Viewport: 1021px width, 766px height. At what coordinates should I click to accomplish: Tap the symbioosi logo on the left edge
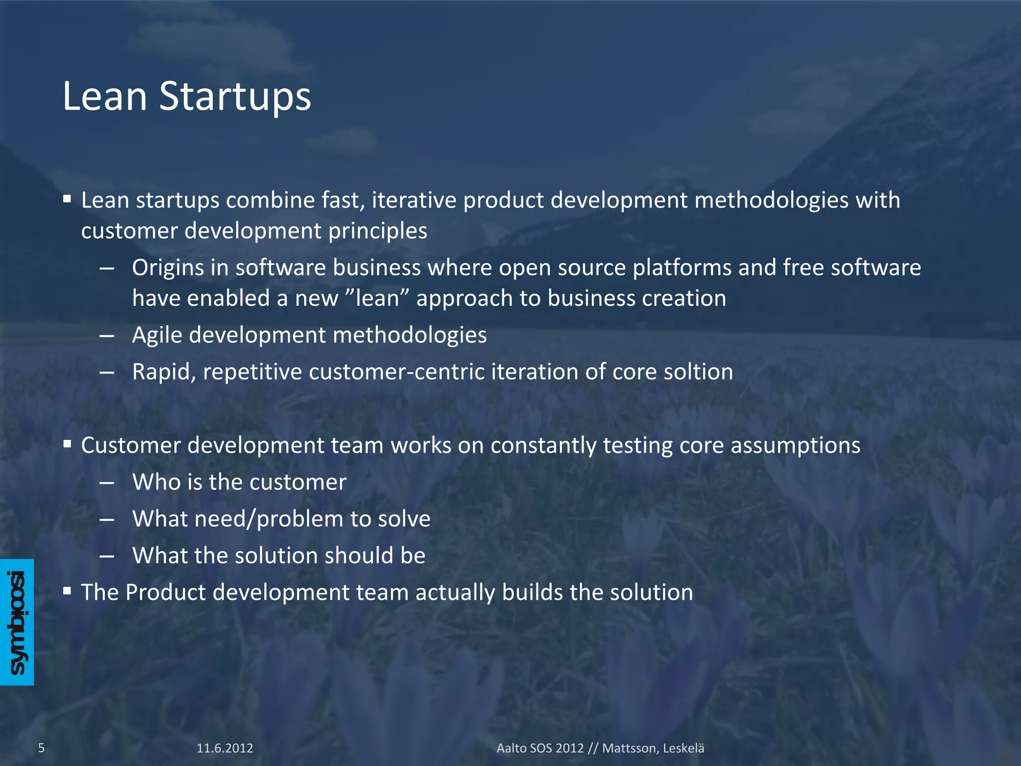17,622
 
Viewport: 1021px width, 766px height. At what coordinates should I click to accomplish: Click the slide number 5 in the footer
41,748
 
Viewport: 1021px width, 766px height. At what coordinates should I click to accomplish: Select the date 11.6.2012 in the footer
225,748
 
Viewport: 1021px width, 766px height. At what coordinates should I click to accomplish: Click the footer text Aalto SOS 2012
539,748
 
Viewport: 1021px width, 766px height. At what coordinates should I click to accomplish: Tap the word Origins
168,268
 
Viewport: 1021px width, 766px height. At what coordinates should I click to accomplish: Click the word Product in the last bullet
166,592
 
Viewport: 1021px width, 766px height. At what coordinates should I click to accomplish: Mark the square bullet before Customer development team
67,443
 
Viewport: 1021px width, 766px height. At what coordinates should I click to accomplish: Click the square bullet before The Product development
67,591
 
